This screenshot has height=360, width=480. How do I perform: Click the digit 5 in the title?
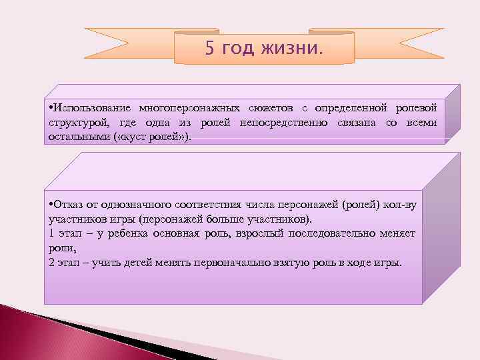[210, 49]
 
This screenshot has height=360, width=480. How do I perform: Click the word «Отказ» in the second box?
[69, 205]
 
